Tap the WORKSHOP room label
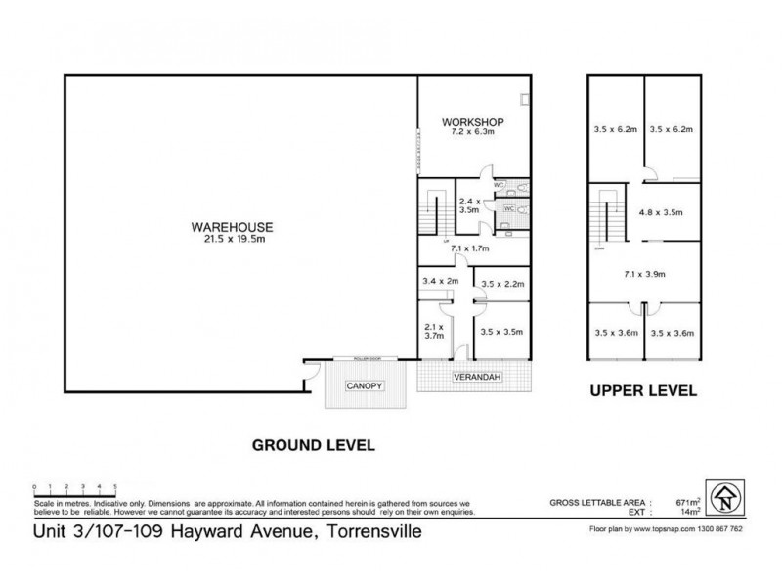[472, 121]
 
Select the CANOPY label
[364, 385]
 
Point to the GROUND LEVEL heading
[314, 445]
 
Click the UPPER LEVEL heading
[643, 391]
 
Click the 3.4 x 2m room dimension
[440, 282]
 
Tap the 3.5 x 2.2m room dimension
[503, 284]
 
